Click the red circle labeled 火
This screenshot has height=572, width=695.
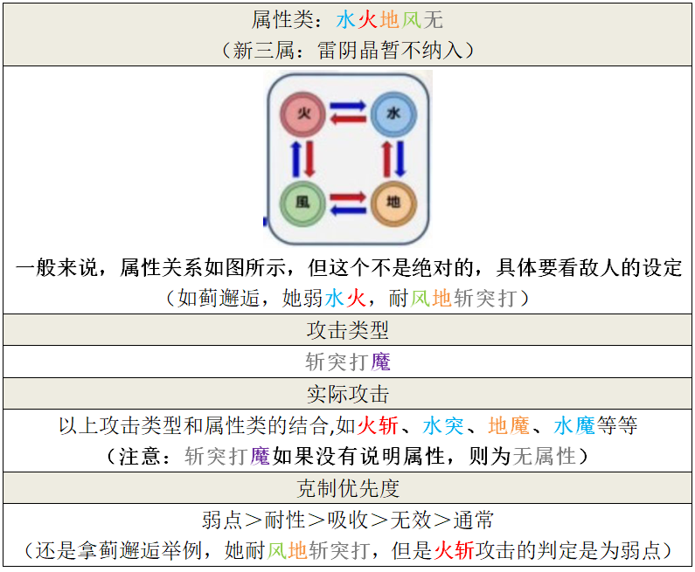[x=303, y=114]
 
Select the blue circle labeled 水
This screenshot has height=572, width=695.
[x=393, y=114]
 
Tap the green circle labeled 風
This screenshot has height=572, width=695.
[x=303, y=203]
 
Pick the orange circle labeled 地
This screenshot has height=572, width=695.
[x=393, y=203]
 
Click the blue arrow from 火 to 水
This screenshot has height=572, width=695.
[x=348, y=107]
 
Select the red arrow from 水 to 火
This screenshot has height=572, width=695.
[x=348, y=121]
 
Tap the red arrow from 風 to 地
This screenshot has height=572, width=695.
[x=348, y=197]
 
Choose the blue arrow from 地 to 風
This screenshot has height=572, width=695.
[x=348, y=210]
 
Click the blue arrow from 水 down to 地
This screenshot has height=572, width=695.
[x=400, y=159]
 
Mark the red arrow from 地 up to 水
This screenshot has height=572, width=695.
[x=387, y=159]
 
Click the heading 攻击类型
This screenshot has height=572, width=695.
[x=347, y=330]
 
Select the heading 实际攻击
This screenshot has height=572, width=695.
[x=347, y=394]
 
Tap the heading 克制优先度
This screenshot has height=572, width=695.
[x=347, y=488]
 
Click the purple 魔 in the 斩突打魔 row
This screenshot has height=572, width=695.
[x=380, y=362]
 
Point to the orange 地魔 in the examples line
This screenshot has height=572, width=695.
[x=509, y=425]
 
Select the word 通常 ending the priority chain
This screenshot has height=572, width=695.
[x=473, y=520]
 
